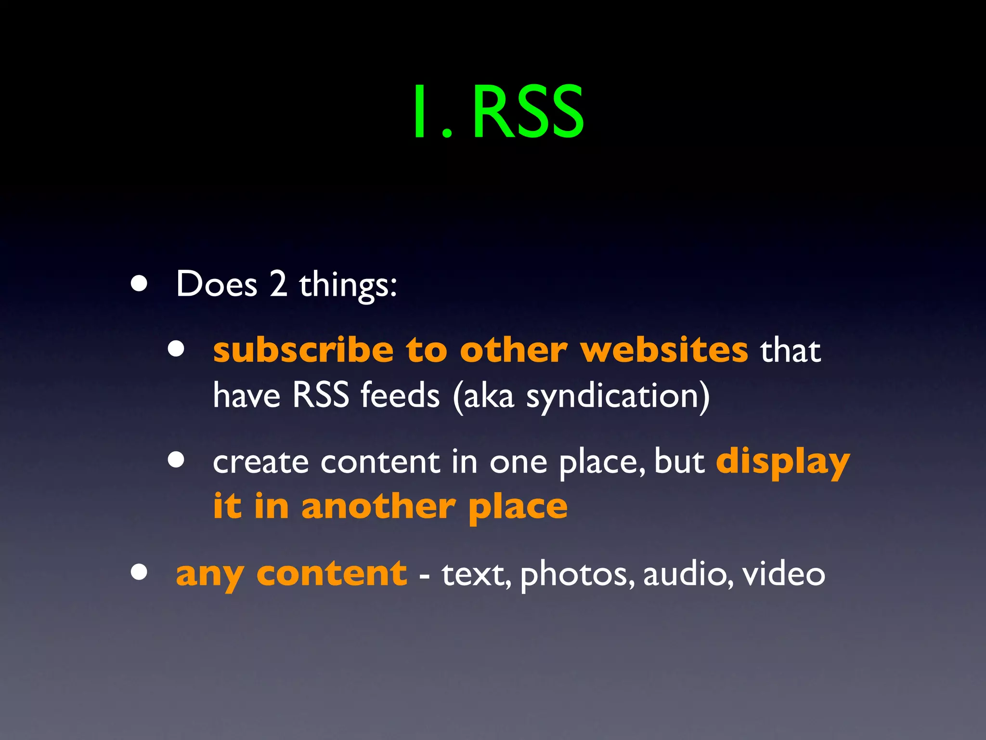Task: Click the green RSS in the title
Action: (529, 112)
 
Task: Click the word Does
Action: (217, 284)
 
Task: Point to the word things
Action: (348, 285)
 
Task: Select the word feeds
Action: (400, 395)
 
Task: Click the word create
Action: (260, 462)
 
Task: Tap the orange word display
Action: (783, 462)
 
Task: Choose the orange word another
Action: (378, 507)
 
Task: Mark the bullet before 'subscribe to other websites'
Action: (176, 349)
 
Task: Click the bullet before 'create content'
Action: (176, 460)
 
